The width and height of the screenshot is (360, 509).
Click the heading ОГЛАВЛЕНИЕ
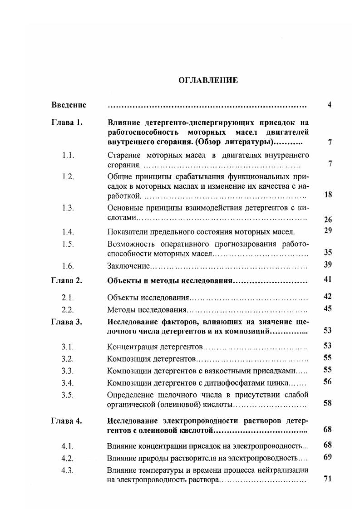(x=207, y=80)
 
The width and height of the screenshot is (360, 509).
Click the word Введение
(x=69, y=105)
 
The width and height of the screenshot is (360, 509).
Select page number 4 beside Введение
(x=329, y=105)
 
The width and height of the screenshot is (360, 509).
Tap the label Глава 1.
(x=66, y=122)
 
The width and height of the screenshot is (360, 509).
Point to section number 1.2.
(x=68, y=176)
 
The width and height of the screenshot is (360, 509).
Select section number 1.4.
(x=68, y=232)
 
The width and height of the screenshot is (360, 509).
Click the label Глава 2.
(x=66, y=280)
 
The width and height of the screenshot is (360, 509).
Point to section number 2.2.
(x=68, y=310)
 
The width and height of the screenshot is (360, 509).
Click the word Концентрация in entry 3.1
(x=131, y=347)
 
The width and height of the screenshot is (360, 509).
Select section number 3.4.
(x=68, y=382)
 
